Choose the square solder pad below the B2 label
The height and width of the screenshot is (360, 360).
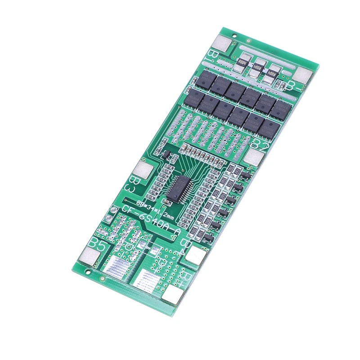255,157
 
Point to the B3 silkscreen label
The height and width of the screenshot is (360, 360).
135,183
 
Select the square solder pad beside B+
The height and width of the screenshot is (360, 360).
173,294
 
